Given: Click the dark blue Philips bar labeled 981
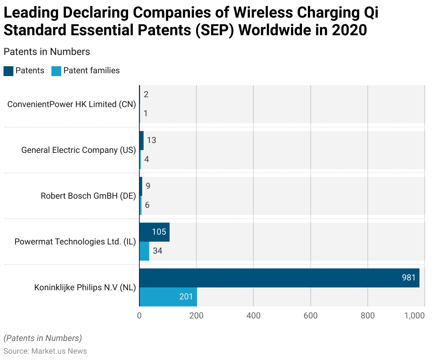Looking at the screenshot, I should click(x=279, y=278).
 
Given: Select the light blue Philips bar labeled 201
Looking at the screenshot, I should click(x=168, y=297).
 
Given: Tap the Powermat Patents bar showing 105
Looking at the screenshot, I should click(x=154, y=232).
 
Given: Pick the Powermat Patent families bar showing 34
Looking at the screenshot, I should click(x=144, y=251).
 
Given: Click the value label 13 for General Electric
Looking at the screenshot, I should click(x=152, y=140).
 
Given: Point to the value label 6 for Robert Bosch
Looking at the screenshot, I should click(x=147, y=205).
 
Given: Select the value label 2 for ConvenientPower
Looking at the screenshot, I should click(x=146, y=94).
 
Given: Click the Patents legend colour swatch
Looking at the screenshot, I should click(x=8, y=71).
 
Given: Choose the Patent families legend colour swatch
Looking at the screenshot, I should click(x=56, y=71).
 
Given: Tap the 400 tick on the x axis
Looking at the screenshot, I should click(x=253, y=316).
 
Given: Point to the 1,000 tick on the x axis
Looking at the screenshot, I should click(x=415, y=316).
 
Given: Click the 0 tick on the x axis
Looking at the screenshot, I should click(x=139, y=316).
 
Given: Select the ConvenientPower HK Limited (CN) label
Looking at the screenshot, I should click(x=71, y=104).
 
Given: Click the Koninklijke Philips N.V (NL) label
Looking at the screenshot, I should click(x=85, y=287).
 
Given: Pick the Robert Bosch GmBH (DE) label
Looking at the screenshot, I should click(x=88, y=196).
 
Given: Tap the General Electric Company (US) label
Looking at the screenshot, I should click(x=78, y=150).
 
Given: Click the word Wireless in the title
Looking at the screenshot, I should click(x=264, y=13).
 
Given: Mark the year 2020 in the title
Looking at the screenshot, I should click(x=349, y=30).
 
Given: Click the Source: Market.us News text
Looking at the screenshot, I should click(x=45, y=351).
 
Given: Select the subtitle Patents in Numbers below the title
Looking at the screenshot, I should click(x=47, y=52).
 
